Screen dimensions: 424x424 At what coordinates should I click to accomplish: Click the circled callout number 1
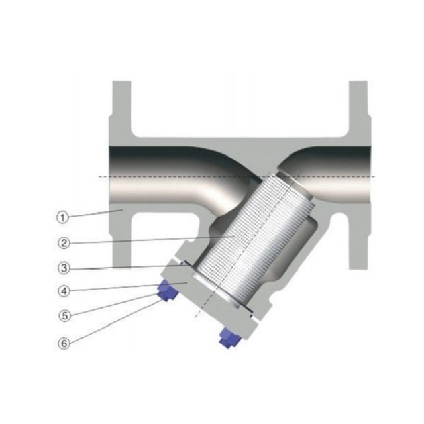(62, 216)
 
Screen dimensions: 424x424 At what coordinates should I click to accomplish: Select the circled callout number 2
(62, 242)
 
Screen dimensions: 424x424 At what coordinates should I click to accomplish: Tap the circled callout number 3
(62, 268)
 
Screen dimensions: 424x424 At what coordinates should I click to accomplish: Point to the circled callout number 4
(62, 291)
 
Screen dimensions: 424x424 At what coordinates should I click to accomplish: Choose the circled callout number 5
(62, 316)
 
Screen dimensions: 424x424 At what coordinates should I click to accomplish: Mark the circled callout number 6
(62, 343)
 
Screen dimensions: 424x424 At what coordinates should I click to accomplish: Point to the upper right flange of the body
(358, 109)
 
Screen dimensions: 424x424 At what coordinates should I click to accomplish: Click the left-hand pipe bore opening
(109, 176)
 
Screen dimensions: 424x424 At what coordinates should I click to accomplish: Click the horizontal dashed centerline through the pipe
(166, 177)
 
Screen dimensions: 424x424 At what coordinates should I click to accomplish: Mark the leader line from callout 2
(146, 239)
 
